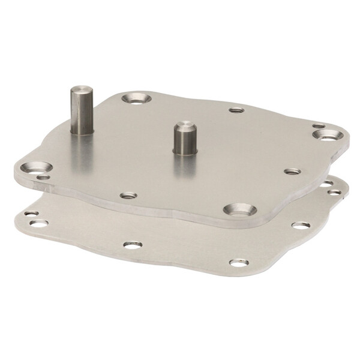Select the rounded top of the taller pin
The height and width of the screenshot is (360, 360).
(78, 90)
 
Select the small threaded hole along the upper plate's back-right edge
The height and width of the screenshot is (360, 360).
(236, 110)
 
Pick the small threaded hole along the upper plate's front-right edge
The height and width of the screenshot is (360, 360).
(292, 172)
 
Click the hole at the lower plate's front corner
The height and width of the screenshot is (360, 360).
(238, 263)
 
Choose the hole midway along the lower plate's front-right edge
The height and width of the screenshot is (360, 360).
(301, 226)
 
